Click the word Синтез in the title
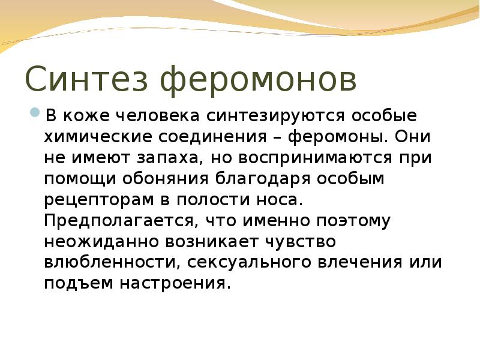(x=88, y=80)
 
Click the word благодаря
(x=268, y=179)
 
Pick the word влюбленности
(x=112, y=263)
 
